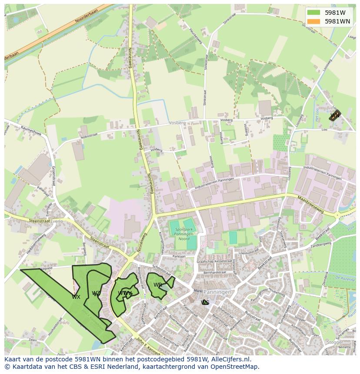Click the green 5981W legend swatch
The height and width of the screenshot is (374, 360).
tap(313, 12)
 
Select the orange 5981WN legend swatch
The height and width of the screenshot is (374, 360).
tap(313, 21)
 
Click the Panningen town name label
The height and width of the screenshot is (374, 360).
tap(217, 292)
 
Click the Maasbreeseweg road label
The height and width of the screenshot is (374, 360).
tap(311, 199)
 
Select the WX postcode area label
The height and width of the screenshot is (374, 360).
tap(76, 297)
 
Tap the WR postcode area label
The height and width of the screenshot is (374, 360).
tap(157, 285)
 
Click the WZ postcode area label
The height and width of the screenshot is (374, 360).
tap(96, 294)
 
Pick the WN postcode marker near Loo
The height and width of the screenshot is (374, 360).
tap(335, 116)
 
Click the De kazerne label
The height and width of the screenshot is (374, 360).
tap(344, 277)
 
